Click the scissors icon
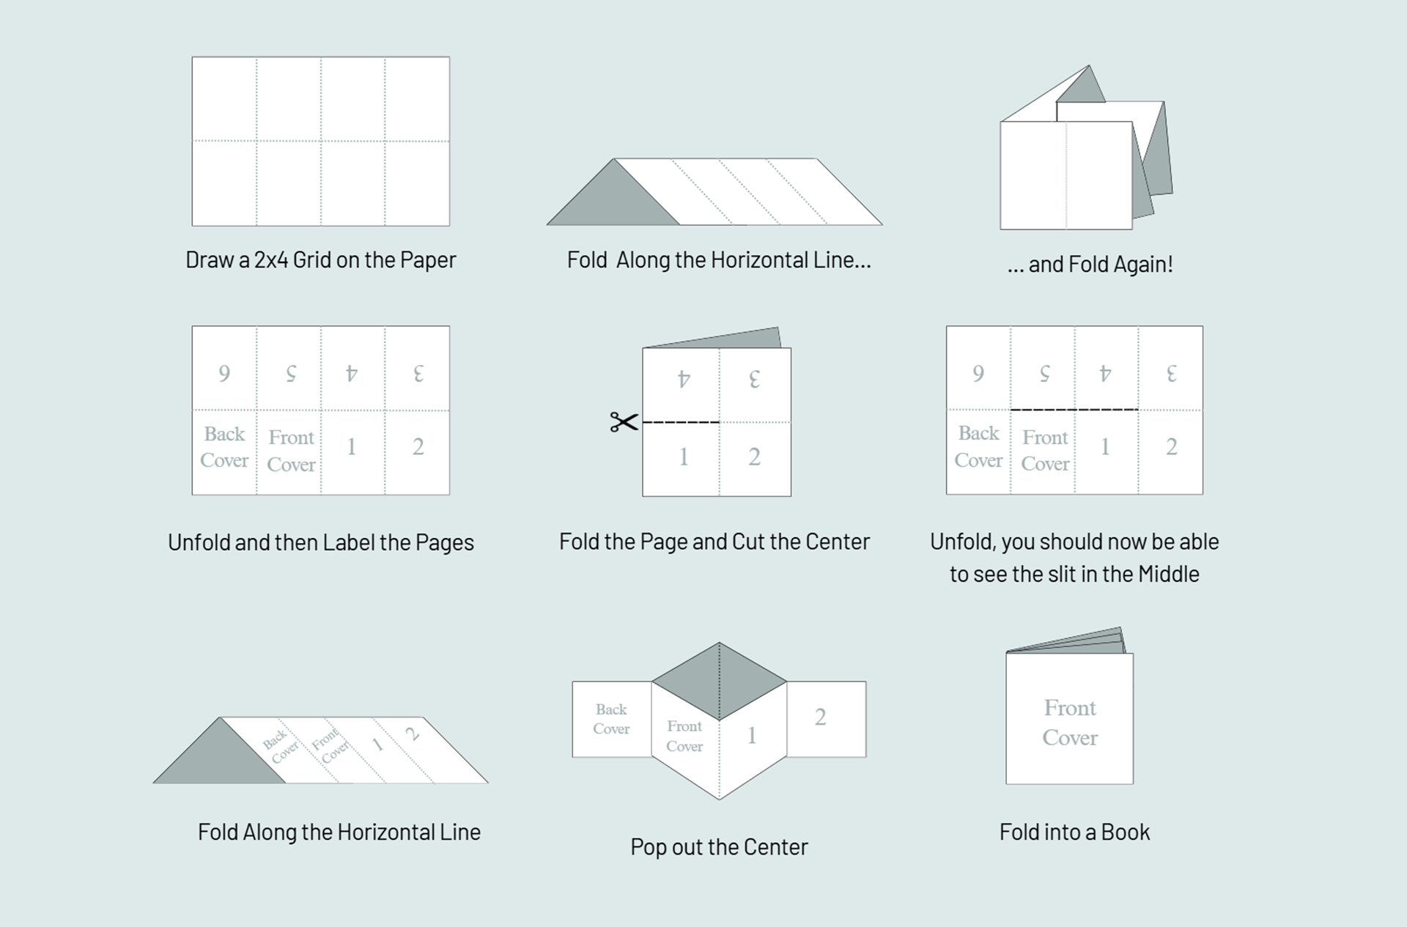click(624, 422)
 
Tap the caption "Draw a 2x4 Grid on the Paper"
click(320, 260)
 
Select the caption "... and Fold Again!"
click(1090, 265)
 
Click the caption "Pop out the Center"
click(718, 847)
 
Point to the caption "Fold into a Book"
click(1074, 832)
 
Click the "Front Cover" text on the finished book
click(1070, 723)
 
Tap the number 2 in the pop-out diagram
click(820, 717)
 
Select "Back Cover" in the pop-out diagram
click(611, 719)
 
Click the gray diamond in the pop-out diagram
click(719, 681)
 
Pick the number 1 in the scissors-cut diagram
click(683, 457)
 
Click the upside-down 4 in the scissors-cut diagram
click(683, 379)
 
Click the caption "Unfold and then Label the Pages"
click(320, 543)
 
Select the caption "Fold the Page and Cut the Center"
click(714, 542)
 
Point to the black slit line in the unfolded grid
click(1074, 410)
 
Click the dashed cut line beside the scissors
click(681, 422)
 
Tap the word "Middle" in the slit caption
click(1168, 575)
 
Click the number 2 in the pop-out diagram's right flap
click(820, 717)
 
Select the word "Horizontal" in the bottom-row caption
click(388, 832)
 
